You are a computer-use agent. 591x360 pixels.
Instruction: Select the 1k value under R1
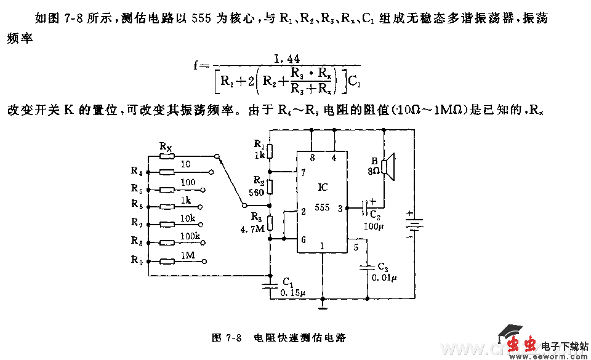[259, 156]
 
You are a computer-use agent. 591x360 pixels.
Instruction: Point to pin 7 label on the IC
[304, 172]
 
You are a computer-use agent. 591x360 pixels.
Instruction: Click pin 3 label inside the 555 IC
[340, 208]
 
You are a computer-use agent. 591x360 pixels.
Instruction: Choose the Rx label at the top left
[166, 146]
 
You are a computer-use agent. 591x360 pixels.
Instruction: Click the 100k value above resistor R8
[189, 236]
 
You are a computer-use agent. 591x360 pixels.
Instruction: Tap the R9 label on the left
[137, 260]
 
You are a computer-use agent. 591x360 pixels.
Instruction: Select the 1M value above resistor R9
[188, 254]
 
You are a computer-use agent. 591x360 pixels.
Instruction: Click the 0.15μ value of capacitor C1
[292, 293]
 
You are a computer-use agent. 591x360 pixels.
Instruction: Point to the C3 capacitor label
[384, 266]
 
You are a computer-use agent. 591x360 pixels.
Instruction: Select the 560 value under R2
[257, 193]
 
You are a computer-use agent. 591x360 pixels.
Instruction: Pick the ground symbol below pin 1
[321, 303]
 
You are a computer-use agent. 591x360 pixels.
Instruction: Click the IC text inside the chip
[323, 186]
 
